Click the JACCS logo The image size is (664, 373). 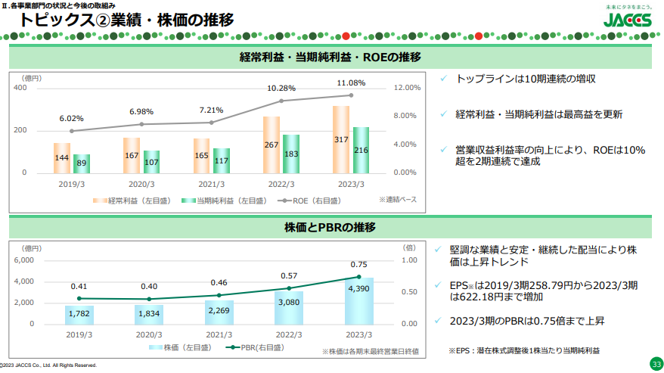[628, 20]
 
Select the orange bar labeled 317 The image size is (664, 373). [341, 139]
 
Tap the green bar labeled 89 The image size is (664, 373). [82, 163]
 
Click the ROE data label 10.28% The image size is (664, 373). [281, 89]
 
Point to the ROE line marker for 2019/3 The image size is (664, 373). [72, 131]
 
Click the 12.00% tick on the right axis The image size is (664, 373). [407, 88]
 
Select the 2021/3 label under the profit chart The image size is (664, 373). [211, 185]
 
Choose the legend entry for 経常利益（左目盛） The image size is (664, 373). [132, 200]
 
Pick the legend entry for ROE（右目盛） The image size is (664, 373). [309, 200]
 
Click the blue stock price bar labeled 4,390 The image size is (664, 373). [359, 301]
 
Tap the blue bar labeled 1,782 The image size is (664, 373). [79, 315]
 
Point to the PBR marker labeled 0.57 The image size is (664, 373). [289, 288]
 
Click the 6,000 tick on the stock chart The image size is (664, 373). [23, 260]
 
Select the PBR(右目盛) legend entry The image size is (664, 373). [255, 347]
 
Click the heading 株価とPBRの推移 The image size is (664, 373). [330, 228]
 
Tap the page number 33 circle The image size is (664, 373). [656, 364]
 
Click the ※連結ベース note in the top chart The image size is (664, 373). [398, 199]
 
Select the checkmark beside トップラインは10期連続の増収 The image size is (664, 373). [443, 79]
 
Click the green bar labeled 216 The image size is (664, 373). [361, 150]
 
